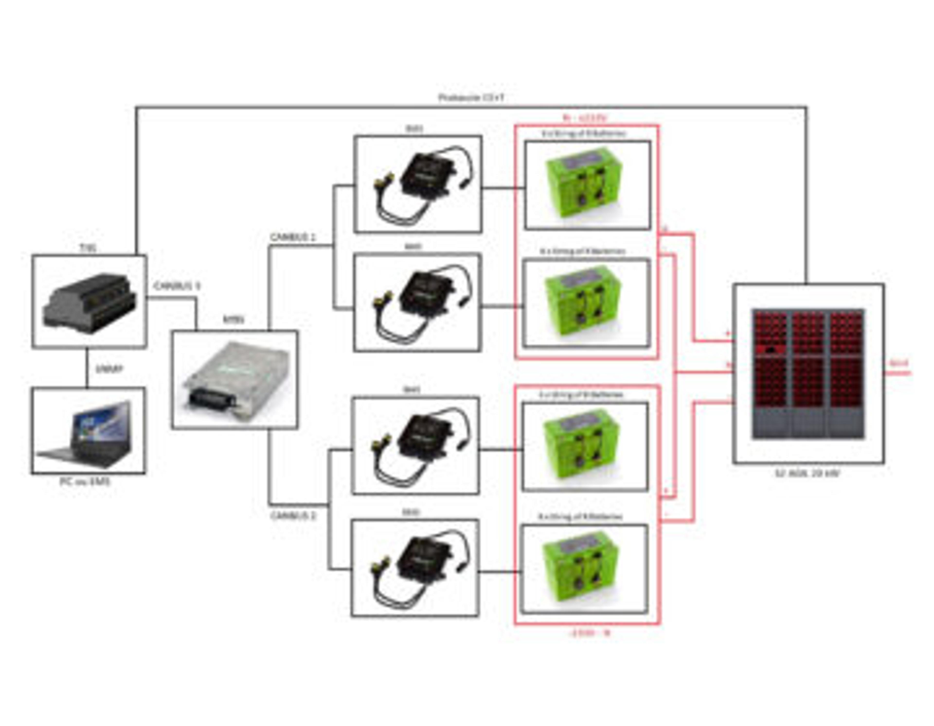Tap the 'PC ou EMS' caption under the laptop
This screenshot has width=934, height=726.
point(85,482)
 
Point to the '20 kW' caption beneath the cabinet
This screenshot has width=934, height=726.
point(808,473)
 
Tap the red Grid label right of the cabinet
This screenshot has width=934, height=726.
point(899,363)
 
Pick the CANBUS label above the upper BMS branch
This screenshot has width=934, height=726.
point(293,237)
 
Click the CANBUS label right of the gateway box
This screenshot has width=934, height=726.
point(177,286)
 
